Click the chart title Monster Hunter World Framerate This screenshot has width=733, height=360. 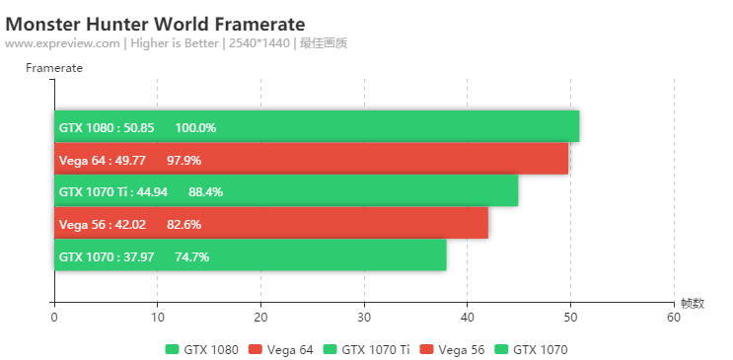coord(155,23)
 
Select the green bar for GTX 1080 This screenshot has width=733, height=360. coord(395,127)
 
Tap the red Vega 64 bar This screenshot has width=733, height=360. coord(395,160)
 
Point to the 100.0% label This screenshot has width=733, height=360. coord(195,127)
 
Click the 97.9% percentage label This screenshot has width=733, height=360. coord(184,160)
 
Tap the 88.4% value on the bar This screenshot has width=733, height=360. coord(205,191)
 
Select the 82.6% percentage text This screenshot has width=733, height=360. coord(184,224)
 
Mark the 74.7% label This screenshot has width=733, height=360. coord(191,256)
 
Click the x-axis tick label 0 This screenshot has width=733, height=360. coord(54,318)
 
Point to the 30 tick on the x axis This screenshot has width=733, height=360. coord(364,318)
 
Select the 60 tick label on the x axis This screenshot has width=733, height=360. coord(674,318)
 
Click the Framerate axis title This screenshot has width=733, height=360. coord(54,68)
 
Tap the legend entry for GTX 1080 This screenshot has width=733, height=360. coord(201,349)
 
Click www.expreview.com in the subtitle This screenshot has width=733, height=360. coord(63,43)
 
